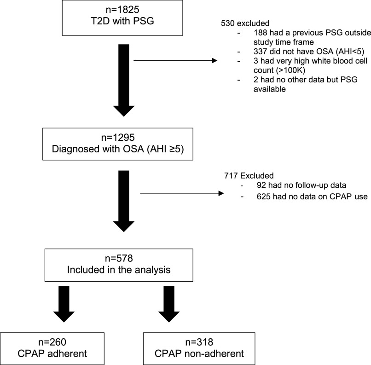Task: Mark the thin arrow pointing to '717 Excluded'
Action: [180, 193]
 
